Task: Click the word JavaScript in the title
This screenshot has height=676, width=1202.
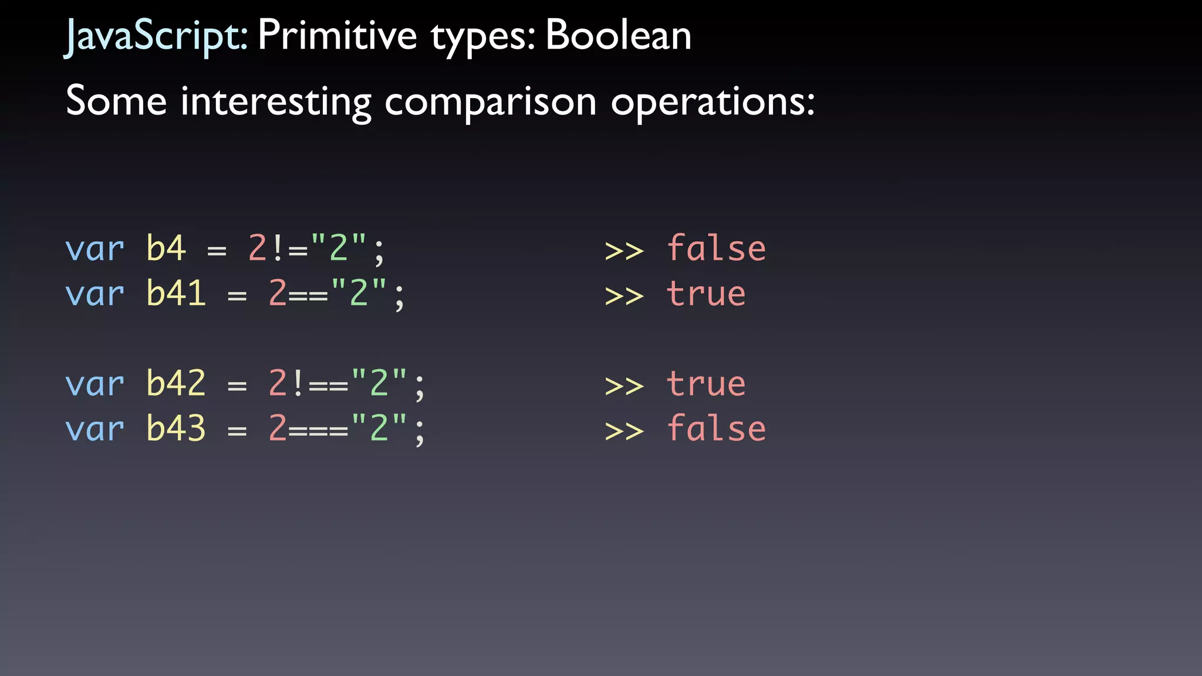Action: [156, 36]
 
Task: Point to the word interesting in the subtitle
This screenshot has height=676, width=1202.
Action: [276, 102]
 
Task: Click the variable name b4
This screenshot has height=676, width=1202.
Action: [166, 248]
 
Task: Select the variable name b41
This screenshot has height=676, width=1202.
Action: [176, 293]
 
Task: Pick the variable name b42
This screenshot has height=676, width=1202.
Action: [176, 384]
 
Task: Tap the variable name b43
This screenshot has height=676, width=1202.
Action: [176, 428]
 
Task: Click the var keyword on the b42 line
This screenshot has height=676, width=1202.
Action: [94, 385]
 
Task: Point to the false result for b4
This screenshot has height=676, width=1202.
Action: [716, 248]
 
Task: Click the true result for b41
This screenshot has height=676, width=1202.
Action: [706, 293]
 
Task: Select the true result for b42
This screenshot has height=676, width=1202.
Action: [706, 384]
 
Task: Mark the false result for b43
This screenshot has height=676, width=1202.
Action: [716, 428]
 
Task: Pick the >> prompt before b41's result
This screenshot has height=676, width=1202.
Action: [624, 296]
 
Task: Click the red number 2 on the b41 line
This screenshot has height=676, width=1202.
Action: [277, 293]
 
